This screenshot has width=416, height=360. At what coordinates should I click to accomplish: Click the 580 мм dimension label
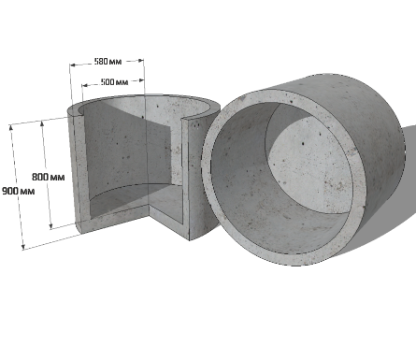tap(108, 62)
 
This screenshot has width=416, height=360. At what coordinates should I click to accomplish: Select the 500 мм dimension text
tap(114, 82)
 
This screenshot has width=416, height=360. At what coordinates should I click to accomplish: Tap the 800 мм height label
tap(49, 177)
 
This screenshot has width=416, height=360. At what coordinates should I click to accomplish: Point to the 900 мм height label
tap(18, 191)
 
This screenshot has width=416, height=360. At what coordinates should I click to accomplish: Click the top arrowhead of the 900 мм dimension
tap(11, 127)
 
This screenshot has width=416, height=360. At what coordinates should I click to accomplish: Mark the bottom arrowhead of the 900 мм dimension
tap(22, 247)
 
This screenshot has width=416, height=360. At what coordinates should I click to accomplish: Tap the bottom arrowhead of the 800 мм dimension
tap(50, 226)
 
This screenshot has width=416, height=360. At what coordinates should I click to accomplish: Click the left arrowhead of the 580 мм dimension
tap(73, 65)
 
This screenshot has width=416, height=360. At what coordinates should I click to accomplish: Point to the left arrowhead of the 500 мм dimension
tap(85, 85)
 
